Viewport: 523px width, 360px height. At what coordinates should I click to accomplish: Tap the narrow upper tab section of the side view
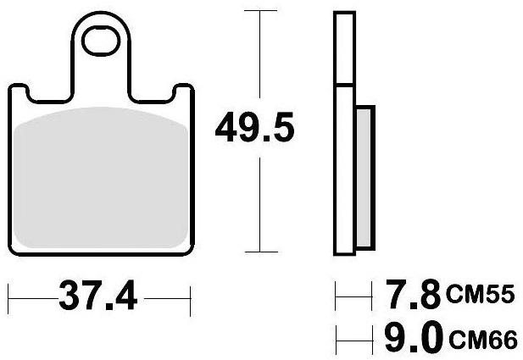pos(344,49)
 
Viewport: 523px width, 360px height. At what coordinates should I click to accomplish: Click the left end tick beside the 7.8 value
pos(336,296)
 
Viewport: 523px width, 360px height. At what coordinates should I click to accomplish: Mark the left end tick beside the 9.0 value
pos(336,338)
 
